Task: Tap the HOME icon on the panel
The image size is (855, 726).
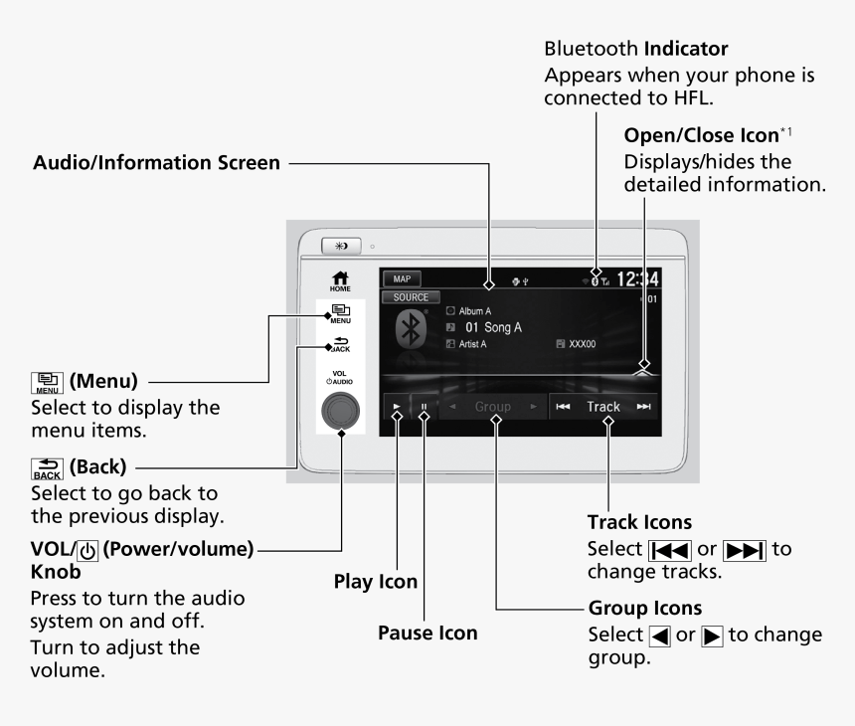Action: tap(341, 281)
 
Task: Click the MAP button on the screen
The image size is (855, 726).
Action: tap(401, 279)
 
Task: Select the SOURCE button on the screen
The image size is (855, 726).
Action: tap(411, 297)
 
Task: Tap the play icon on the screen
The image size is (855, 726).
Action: tap(397, 407)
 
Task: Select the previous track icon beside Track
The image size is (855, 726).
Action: tap(563, 407)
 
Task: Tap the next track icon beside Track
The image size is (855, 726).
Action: tap(643, 407)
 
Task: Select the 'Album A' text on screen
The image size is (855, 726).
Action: tap(474, 311)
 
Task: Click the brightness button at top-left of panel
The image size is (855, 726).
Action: tap(342, 245)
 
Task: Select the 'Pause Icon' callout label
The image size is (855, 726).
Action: tap(427, 632)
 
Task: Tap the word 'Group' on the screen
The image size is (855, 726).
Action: tap(492, 407)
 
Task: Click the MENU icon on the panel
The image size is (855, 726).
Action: tap(341, 315)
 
